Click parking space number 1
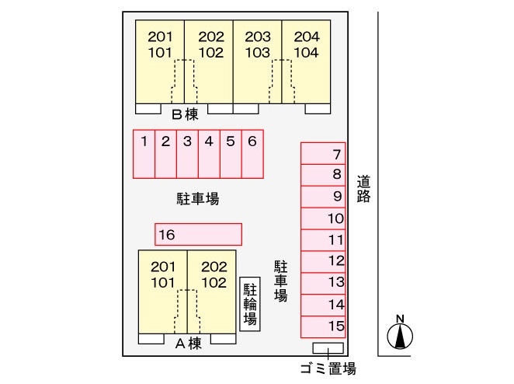click(144, 154)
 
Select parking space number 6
click(252, 154)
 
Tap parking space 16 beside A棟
click(198, 234)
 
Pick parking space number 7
click(323, 153)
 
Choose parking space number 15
click(323, 327)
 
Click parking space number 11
click(323, 240)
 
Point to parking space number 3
click(187, 154)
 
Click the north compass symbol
click(400, 333)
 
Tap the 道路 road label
click(363, 189)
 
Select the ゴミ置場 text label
click(328, 368)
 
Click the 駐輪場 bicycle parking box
click(250, 304)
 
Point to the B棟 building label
click(186, 114)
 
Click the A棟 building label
click(189, 344)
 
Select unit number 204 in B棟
click(307, 37)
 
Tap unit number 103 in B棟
click(258, 53)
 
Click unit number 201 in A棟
click(163, 267)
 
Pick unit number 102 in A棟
click(214, 283)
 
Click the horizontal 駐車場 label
click(198, 198)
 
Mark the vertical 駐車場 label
click(280, 281)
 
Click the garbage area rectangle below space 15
click(328, 348)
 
